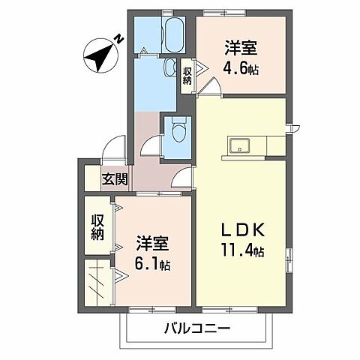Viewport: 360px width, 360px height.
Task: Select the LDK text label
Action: [241, 229]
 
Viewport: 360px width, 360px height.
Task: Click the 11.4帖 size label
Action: [241, 251]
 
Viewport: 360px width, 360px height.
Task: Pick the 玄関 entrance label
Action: [115, 179]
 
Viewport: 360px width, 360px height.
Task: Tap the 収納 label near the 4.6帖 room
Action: [187, 74]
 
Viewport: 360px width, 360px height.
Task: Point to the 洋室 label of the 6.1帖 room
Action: [152, 243]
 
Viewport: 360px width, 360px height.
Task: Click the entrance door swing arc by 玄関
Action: [114, 148]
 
